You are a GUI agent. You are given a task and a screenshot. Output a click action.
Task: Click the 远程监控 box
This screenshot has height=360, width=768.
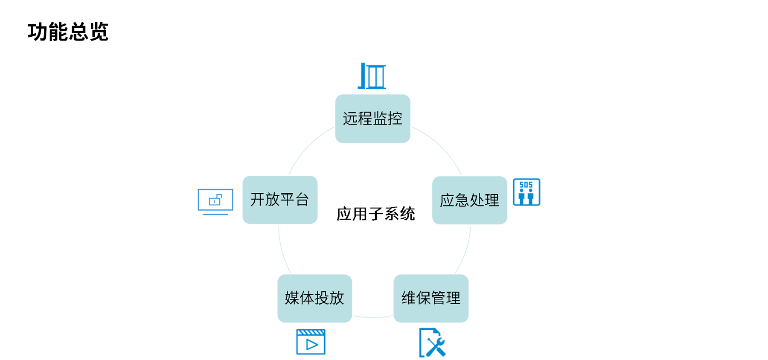pos(372,119)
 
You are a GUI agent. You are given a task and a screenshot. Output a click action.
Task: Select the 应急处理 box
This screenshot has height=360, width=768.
pos(469,200)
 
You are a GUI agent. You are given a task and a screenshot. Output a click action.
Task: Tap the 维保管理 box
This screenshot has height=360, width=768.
pos(431,298)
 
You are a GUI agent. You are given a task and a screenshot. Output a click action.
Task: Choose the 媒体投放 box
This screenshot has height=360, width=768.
pos(314,298)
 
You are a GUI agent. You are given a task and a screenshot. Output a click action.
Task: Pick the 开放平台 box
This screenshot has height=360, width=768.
pos(280,200)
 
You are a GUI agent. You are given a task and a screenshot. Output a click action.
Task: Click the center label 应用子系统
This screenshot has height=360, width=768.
pos(375,214)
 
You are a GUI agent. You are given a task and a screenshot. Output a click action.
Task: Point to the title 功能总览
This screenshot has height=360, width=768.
pos(68,32)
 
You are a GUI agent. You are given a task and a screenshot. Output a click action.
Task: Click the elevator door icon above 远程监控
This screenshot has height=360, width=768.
pos(372,76)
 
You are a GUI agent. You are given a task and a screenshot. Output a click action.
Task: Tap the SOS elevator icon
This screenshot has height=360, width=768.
pos(526,192)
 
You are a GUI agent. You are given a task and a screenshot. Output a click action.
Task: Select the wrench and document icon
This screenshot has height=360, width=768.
pos(432,343)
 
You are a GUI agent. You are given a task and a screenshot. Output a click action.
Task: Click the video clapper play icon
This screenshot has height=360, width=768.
pos(311,342)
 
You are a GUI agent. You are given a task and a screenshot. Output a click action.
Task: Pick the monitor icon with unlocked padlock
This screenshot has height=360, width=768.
pos(215,201)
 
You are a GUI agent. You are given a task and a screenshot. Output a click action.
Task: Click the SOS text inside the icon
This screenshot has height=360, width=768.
pos(526,185)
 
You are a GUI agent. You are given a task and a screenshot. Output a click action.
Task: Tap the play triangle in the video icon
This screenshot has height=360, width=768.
pos(312,345)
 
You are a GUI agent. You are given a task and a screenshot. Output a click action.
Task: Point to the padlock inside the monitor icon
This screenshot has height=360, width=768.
pos(215,200)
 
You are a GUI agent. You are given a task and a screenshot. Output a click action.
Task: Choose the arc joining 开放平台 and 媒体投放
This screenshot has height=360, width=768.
pos(282,252)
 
